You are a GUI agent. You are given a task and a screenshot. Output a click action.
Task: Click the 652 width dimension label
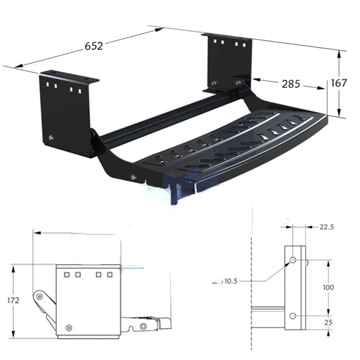click(94, 46)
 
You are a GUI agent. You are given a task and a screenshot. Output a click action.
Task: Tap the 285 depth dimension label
click(291, 84)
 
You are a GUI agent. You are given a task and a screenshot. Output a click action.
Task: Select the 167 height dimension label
click(339, 83)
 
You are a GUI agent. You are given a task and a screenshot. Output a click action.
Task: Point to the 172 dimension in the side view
click(13, 300)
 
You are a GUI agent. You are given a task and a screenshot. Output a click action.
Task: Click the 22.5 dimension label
click(327, 227)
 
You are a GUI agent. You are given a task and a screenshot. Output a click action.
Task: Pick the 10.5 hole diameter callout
click(231, 281)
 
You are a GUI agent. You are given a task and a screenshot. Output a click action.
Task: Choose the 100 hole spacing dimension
click(328, 288)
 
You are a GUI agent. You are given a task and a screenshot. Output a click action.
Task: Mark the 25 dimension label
click(328, 323)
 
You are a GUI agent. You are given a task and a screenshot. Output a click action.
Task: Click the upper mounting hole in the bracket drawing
click(293, 260)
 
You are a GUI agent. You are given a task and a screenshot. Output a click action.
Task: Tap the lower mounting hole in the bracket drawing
click(293, 316)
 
